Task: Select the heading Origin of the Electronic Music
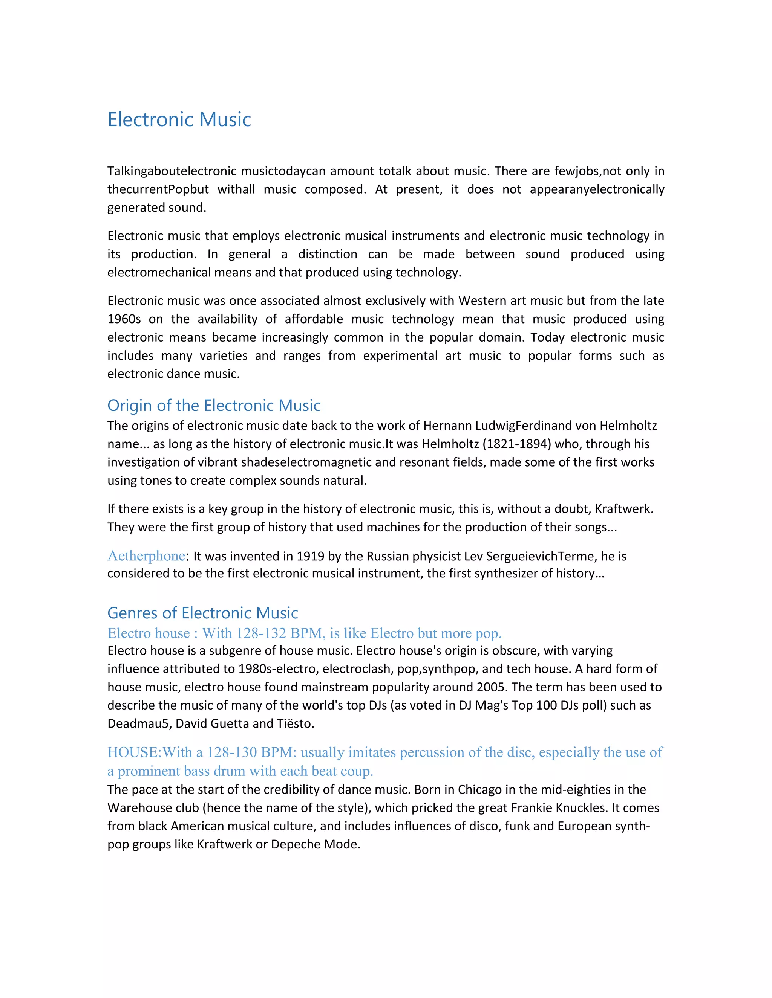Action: pos(214,405)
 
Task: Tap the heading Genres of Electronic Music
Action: pos(202,612)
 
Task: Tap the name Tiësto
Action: pos(295,723)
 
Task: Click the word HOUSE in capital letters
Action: pos(133,752)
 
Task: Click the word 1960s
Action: pos(124,319)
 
